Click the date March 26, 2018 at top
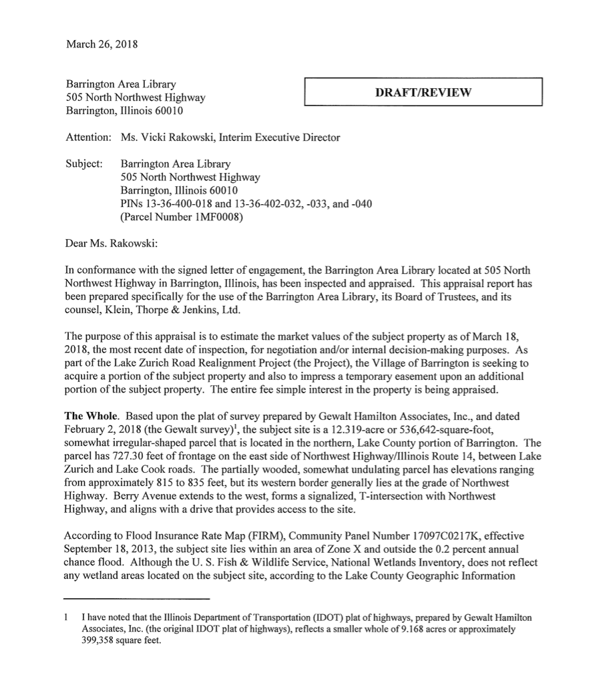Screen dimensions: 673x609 (101, 45)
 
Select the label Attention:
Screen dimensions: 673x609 (88, 138)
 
